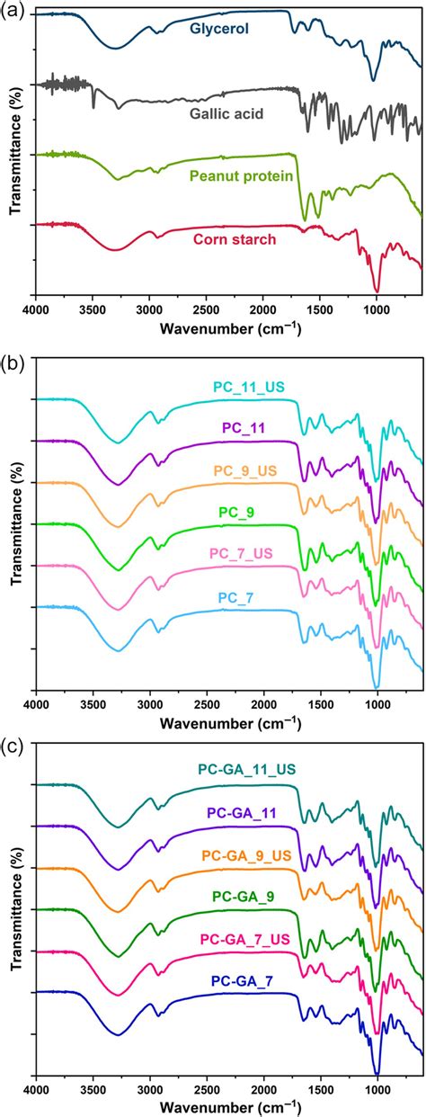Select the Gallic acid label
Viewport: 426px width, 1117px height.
pyautogui.click(x=226, y=113)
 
